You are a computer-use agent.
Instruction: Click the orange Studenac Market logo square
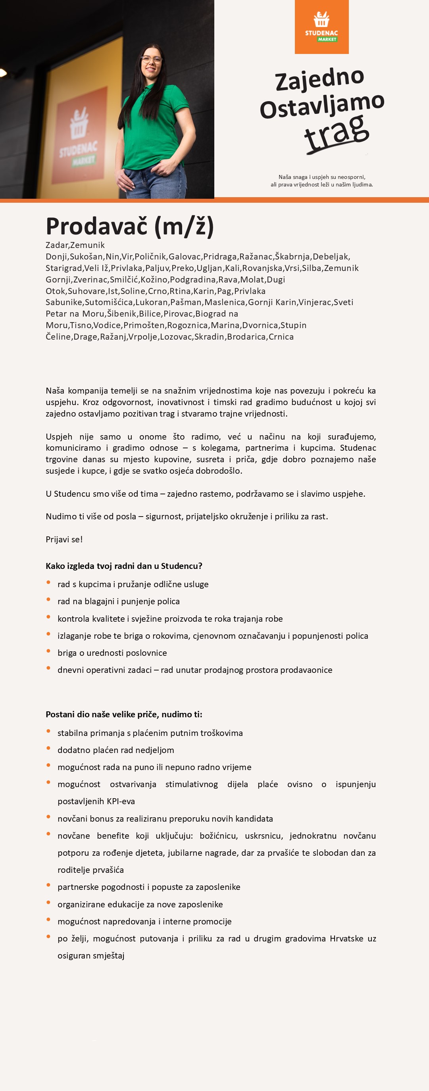[321, 27]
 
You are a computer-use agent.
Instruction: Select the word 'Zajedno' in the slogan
[319, 79]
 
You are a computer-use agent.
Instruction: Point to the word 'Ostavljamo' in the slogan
[322, 106]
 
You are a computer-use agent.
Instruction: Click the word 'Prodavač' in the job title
[96, 226]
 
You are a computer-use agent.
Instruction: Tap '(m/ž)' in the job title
[184, 226]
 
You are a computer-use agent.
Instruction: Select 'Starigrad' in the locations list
[63, 268]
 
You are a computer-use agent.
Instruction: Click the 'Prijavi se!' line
[64, 539]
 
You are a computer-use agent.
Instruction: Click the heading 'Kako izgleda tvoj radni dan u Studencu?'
[124, 566]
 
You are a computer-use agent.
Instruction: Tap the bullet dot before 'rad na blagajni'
[49, 600]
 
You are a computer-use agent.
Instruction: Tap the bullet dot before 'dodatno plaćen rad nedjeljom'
[49, 748]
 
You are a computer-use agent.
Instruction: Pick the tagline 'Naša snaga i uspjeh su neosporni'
[322, 177]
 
